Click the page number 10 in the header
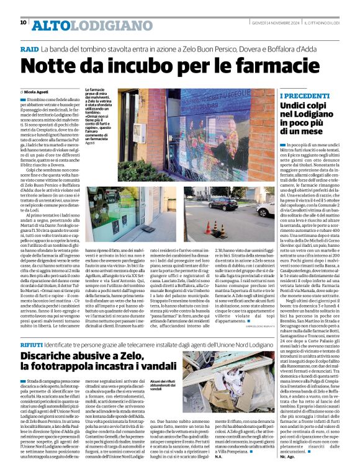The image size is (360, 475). tap(23, 22)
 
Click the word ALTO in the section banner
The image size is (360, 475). tap(49, 24)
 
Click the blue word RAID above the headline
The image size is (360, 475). tap(29, 48)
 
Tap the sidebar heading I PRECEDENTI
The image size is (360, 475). tap(304, 97)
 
